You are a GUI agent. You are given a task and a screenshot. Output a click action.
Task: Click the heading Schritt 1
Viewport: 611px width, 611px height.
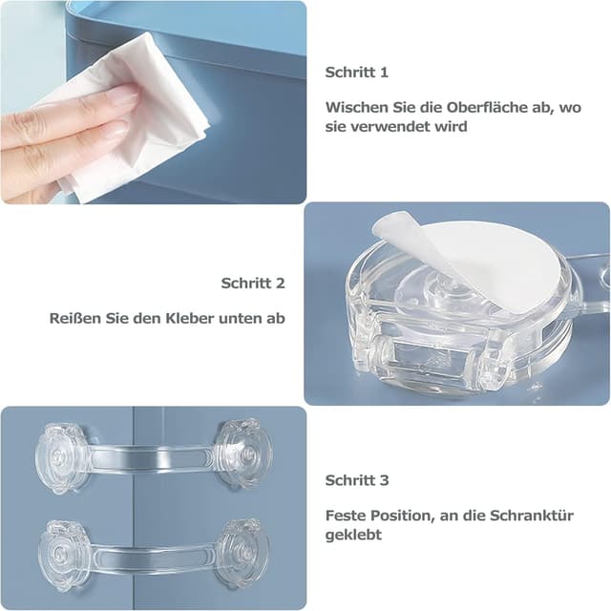pos(356,72)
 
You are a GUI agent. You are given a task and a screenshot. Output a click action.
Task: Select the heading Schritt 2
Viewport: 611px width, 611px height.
pos(253,283)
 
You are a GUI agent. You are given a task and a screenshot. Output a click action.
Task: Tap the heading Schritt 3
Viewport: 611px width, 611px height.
pos(356,480)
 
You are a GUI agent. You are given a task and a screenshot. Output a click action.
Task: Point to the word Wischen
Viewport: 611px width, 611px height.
pos(356,108)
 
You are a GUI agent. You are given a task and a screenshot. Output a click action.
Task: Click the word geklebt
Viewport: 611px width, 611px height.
pos(353,536)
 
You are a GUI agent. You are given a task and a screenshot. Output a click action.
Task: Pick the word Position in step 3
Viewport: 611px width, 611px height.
pos(401,516)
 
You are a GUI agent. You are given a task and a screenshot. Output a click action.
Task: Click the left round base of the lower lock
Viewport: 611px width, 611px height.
pos(65,555)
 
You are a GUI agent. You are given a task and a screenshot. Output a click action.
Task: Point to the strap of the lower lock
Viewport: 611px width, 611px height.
pos(153,554)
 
